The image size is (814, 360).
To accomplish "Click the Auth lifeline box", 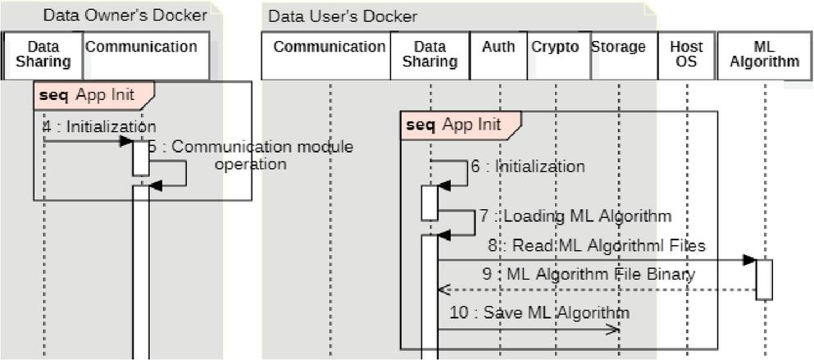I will (x=499, y=56).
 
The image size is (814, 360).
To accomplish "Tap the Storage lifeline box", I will (x=618, y=56).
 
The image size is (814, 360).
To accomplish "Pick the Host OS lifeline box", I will (x=686, y=56).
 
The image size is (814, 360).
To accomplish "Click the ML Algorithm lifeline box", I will (x=764, y=56).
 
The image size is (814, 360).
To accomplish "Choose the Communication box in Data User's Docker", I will (x=329, y=56).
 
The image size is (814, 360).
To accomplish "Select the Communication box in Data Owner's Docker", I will (x=142, y=56).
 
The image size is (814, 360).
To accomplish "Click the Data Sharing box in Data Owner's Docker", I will (x=43, y=56).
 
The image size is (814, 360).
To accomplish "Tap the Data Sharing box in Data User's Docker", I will (x=430, y=56).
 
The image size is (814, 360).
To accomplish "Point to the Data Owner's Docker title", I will (x=125, y=15).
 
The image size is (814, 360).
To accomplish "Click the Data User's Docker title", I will (x=343, y=16).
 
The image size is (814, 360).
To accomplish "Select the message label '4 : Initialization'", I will (x=99, y=126).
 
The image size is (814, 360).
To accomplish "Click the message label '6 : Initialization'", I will (x=527, y=166).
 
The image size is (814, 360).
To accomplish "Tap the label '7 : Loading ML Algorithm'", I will (x=575, y=216).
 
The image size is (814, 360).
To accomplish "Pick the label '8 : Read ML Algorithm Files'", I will (x=596, y=245).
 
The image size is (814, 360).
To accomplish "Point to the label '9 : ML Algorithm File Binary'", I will (x=589, y=274).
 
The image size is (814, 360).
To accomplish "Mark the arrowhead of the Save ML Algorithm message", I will (x=613, y=330).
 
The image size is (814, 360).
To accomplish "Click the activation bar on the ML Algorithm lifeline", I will (x=764, y=279).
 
